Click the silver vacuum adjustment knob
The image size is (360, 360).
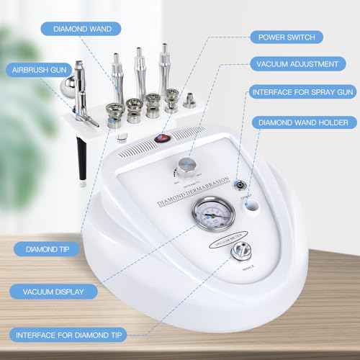click(x=189, y=165)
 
